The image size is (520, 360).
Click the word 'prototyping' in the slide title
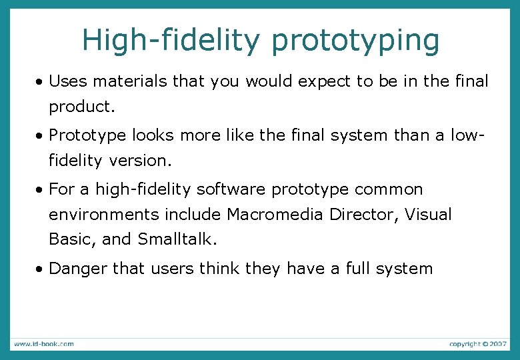click(355, 41)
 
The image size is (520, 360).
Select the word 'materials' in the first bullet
click(131, 82)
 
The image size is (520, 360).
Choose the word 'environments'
click(104, 215)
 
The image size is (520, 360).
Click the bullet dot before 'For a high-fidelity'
click(41, 190)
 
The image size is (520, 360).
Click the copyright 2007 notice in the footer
click(477, 344)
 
